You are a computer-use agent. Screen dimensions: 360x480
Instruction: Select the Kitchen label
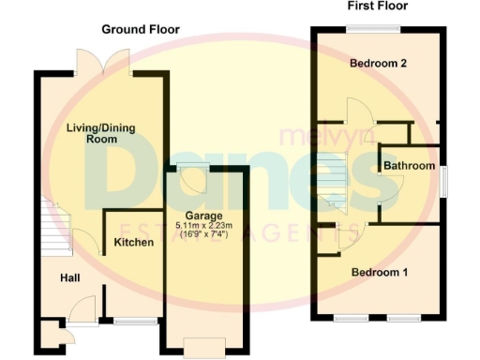132,243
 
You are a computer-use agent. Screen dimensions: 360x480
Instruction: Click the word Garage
202,216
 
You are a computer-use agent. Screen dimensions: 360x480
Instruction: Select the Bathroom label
409,166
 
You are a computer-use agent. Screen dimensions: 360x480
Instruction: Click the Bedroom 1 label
379,273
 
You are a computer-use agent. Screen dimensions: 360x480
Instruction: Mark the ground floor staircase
55,231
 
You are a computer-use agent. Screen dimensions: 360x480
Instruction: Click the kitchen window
136,322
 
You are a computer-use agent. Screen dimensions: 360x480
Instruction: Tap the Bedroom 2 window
377,28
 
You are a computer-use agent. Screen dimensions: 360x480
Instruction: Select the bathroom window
443,180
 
